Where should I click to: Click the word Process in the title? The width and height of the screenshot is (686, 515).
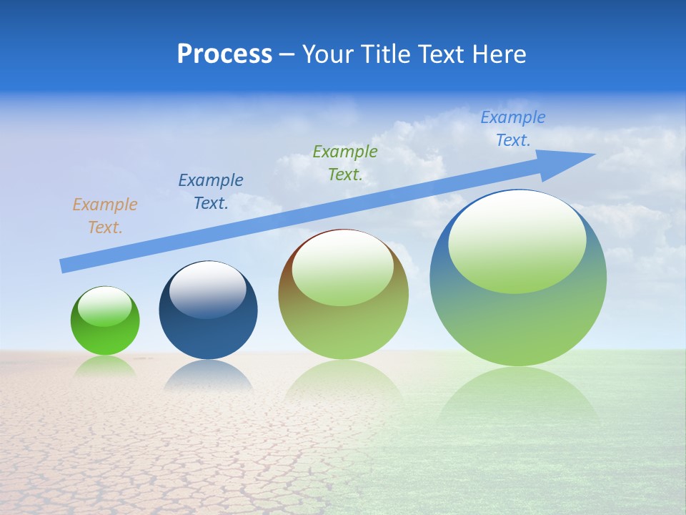[224, 54]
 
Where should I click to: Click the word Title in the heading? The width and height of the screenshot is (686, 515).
[387, 54]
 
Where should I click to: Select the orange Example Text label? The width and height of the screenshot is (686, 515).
[105, 216]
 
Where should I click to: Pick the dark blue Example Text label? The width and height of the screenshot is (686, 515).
[211, 192]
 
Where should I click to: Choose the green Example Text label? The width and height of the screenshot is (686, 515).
[345, 163]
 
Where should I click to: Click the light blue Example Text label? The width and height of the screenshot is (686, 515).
[513, 129]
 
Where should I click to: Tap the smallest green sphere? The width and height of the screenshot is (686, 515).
[105, 336]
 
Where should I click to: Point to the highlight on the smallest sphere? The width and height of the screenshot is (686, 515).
[105, 306]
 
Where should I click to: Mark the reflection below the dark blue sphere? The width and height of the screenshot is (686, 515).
[208, 376]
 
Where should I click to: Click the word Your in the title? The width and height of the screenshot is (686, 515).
[327, 54]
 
